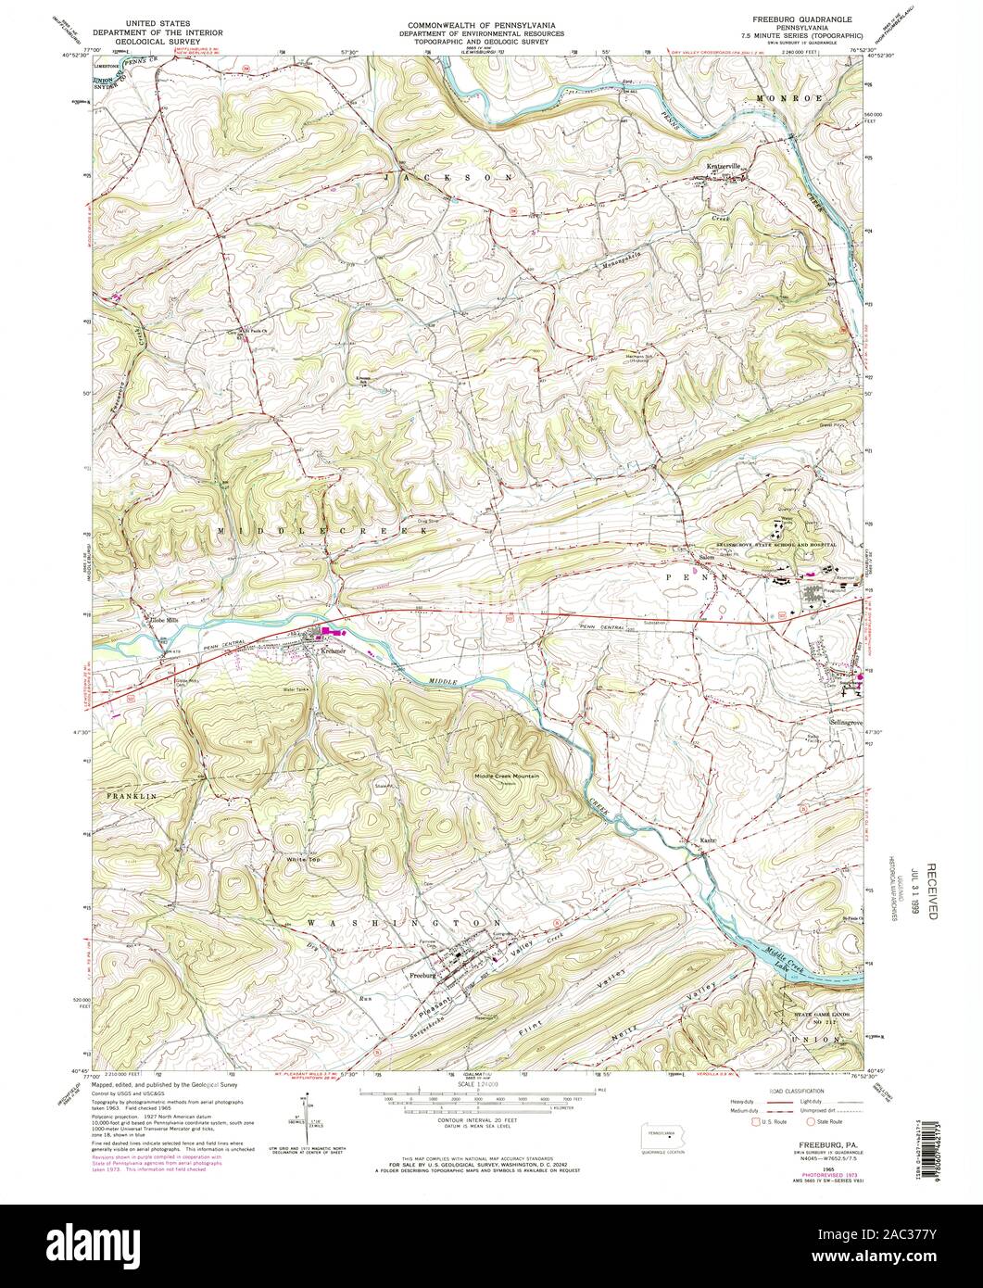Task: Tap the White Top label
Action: point(302,859)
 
